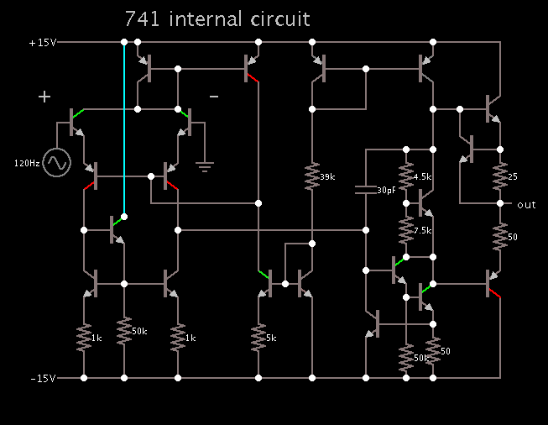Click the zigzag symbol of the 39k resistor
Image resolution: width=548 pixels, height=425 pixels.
coord(311,176)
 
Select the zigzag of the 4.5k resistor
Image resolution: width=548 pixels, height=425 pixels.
coord(406,177)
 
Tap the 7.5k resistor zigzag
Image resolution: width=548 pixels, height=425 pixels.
coord(406,228)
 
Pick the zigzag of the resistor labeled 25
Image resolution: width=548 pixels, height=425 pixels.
coord(500,176)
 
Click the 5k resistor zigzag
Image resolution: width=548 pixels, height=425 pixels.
coord(258,338)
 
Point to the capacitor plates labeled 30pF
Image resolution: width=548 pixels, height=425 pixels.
coord(366,189)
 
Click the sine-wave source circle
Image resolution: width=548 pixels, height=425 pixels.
coord(57,162)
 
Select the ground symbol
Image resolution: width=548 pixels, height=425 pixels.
coord(204,165)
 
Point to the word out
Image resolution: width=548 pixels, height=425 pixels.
coord(526,205)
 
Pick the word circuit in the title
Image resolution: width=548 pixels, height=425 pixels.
coord(279,18)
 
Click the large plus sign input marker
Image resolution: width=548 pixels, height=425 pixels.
coord(44,97)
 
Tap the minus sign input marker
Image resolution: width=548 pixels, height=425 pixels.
coord(213,97)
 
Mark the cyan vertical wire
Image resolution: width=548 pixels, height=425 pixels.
coord(124,126)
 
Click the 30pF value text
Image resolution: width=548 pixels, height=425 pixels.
coord(386,191)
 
